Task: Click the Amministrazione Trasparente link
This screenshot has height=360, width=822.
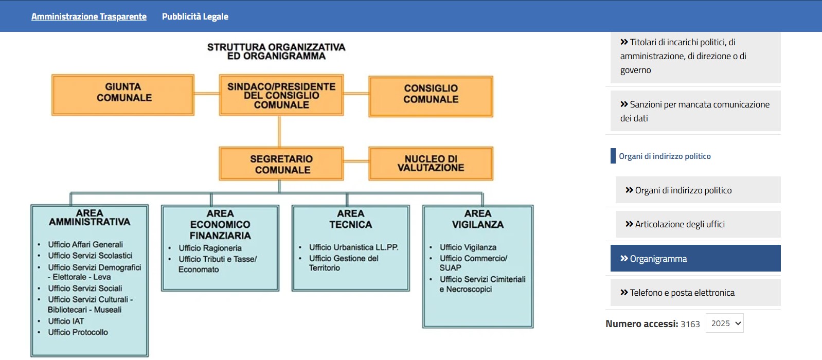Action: (88, 16)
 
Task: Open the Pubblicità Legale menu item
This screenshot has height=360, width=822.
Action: (195, 16)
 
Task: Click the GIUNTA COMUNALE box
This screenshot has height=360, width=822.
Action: (123, 95)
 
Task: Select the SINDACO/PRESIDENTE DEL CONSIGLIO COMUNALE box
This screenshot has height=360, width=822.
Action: (281, 95)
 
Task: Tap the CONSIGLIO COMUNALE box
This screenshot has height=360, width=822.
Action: (431, 96)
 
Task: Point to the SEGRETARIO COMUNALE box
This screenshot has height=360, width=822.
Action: (281, 164)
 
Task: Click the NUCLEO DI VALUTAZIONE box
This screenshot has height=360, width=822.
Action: (431, 164)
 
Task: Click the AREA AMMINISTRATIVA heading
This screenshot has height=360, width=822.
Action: (90, 218)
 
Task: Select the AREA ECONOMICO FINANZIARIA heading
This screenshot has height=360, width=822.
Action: (220, 225)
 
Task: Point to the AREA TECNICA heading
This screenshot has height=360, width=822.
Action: (351, 219)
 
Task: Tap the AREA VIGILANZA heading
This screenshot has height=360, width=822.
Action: (478, 219)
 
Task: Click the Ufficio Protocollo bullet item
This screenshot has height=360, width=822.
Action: (78, 332)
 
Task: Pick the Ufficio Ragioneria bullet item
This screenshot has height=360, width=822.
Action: (210, 248)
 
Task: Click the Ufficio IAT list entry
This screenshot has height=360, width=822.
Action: (66, 321)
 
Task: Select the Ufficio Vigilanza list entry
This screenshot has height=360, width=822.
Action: (468, 247)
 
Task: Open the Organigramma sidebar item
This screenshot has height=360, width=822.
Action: (695, 258)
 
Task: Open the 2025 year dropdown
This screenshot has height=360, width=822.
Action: (724, 323)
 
